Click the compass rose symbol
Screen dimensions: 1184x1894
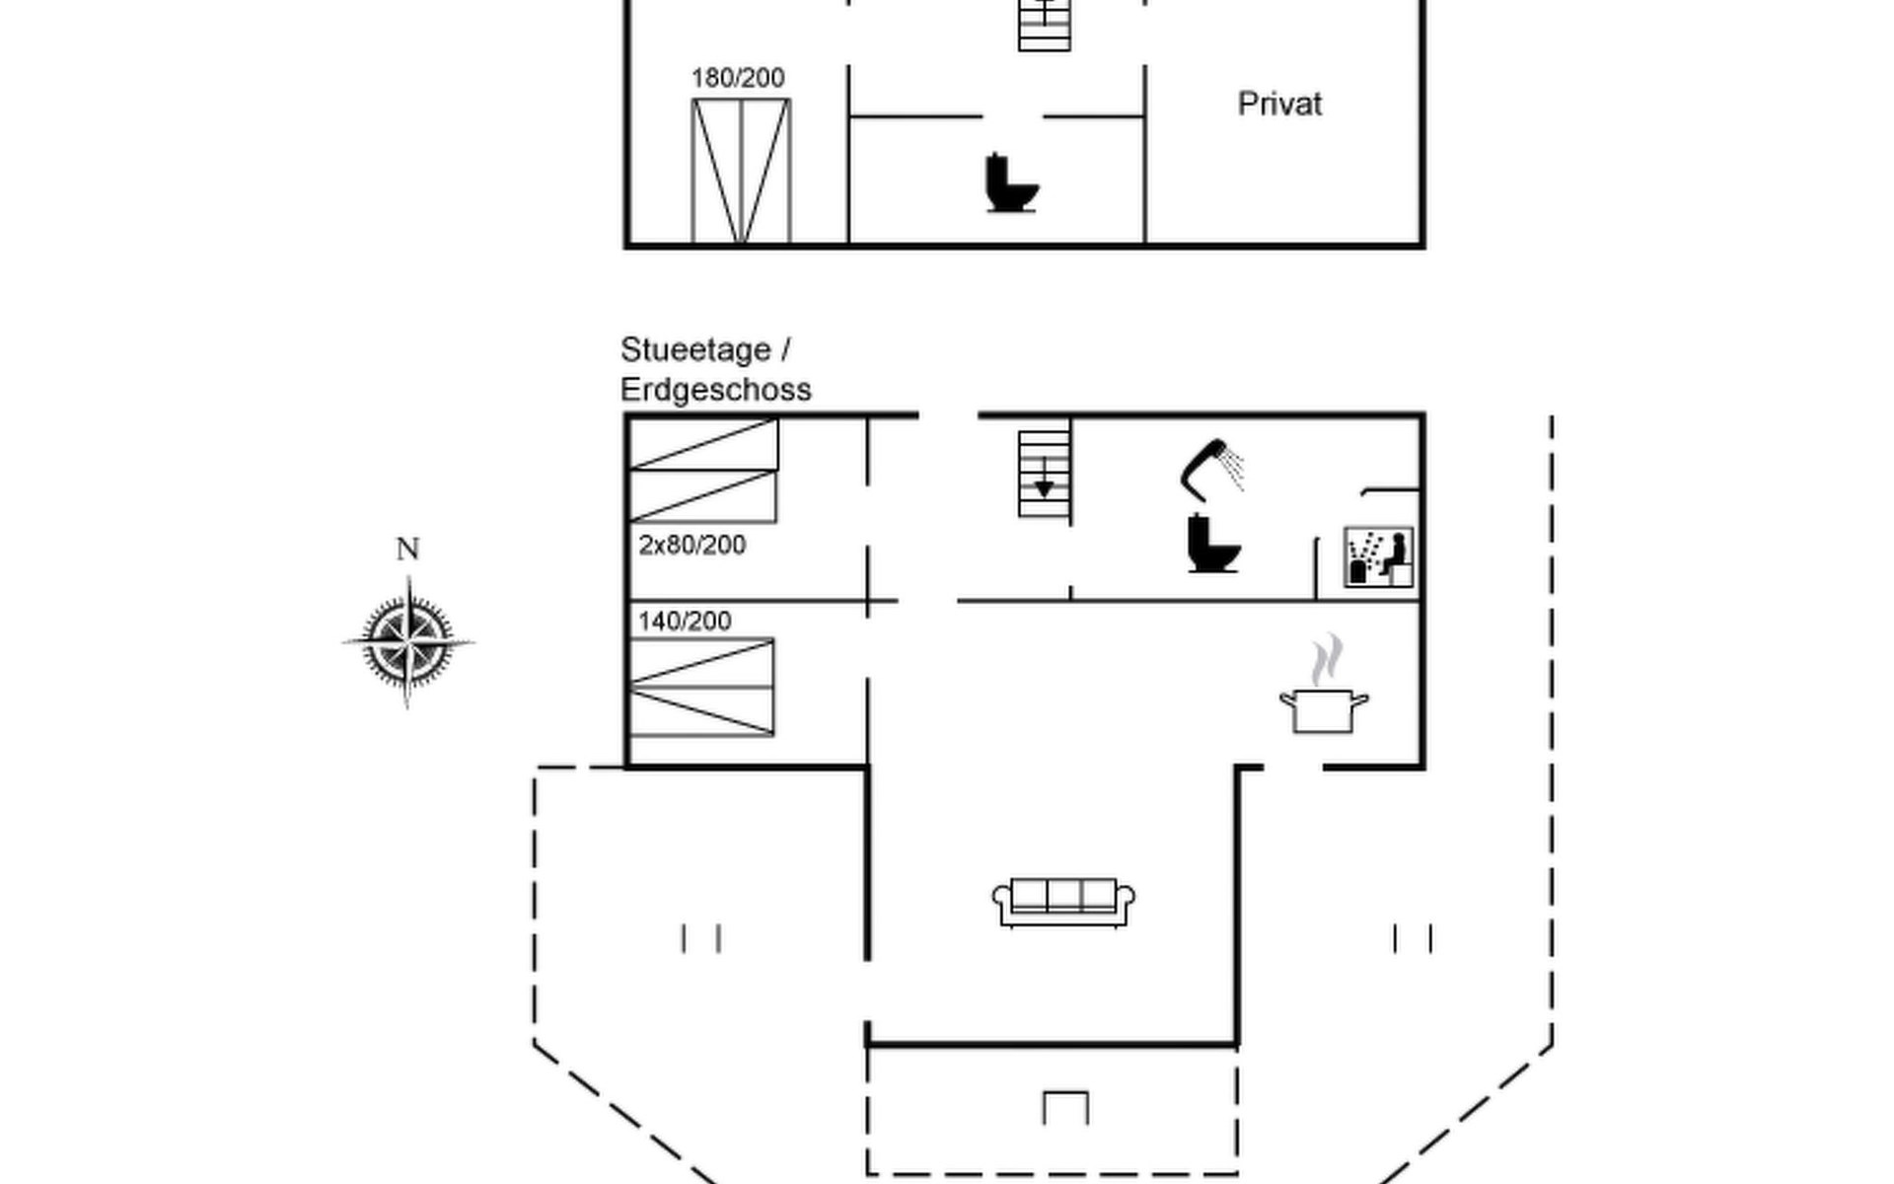point(408,642)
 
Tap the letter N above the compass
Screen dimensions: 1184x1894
point(407,549)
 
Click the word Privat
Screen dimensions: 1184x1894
point(1279,104)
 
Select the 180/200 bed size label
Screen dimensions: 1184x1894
point(738,78)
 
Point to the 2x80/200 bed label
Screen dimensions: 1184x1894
point(692,545)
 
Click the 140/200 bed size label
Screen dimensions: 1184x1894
point(685,621)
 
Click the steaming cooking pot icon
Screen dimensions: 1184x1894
point(1324,707)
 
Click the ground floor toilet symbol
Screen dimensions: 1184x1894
point(1212,544)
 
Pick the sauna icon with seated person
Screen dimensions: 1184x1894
point(1378,556)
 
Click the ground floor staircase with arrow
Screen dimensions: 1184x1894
point(1044,474)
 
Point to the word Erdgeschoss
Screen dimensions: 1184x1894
point(715,390)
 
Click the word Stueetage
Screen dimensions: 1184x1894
point(695,350)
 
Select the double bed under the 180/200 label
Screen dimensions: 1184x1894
point(741,171)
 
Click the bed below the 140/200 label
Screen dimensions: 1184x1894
point(701,687)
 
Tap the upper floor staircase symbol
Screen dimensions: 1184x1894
point(1044,24)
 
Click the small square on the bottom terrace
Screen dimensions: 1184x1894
point(1065,1107)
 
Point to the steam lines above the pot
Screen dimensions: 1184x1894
point(1327,659)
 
